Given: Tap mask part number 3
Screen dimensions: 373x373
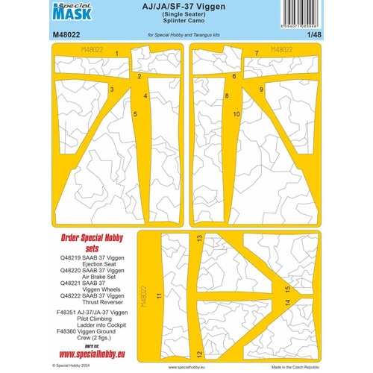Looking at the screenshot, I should (112, 89).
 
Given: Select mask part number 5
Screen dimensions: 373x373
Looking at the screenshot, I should (135, 113).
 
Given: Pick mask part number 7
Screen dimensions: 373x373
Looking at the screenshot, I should (256, 53).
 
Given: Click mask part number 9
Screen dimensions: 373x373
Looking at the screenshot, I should (261, 89).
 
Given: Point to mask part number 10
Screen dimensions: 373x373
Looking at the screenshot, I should (236, 114).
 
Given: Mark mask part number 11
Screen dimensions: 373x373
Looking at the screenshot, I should (158, 295).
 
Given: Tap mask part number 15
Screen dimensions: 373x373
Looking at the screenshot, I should (286, 289).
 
